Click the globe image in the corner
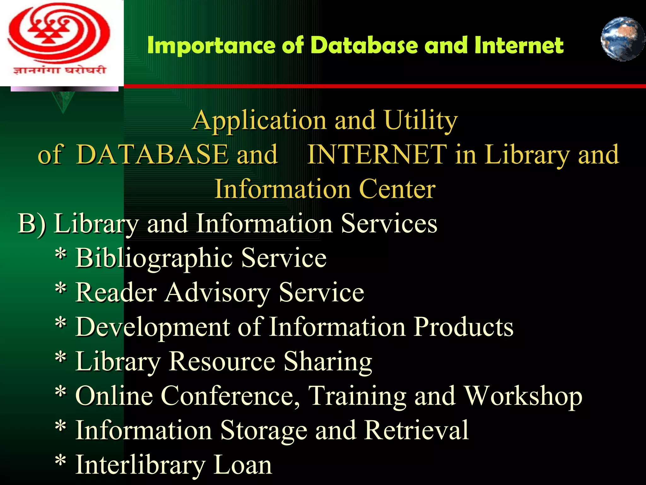coord(622,39)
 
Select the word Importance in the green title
coord(211,45)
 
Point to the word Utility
coord(421,121)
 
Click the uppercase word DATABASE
coord(152,154)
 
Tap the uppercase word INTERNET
coord(377,154)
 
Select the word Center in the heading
coord(397,189)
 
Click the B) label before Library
coord(32,224)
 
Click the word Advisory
coord(218,292)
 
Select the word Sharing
coord(328,362)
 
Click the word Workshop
coord(523,396)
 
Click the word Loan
coord(243,465)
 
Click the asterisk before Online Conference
coord(61,393)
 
